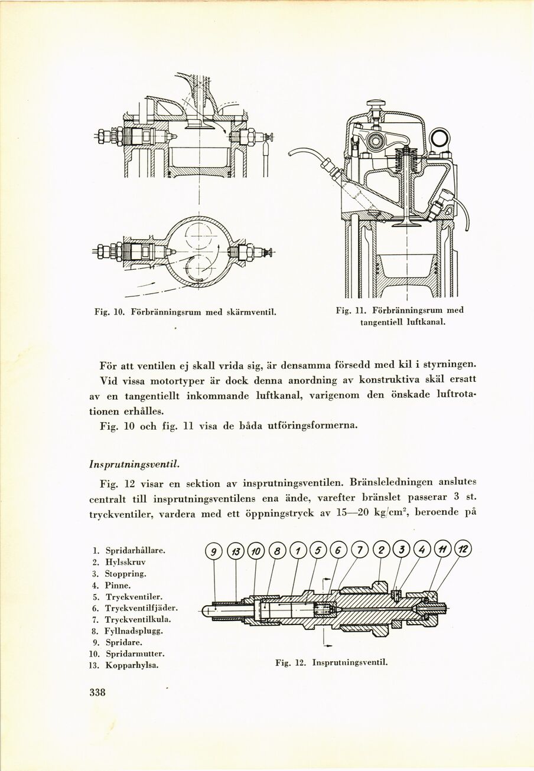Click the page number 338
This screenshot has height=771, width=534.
[x=93, y=692]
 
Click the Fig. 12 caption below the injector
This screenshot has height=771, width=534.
[x=331, y=662]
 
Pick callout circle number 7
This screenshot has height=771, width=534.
[x=359, y=551]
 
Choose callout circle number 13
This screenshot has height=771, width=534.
[x=236, y=553]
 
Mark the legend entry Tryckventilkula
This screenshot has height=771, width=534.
[x=138, y=619]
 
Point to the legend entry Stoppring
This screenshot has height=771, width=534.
[x=125, y=573]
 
